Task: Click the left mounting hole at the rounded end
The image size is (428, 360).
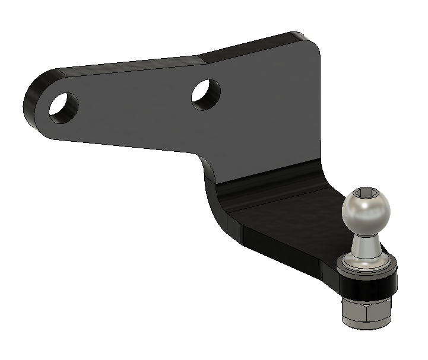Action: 63,107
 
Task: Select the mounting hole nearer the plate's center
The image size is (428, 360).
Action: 206,94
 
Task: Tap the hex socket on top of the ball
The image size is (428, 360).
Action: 364,193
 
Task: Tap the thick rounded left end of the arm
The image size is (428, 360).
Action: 34,101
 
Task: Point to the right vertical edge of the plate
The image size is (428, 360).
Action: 321,107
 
